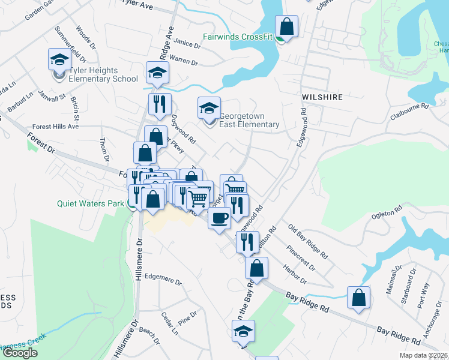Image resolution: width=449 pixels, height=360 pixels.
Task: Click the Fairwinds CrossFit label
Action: click(237, 37)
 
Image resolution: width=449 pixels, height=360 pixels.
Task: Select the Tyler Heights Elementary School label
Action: click(103, 74)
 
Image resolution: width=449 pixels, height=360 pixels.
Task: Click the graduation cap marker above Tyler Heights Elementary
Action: click(59, 59)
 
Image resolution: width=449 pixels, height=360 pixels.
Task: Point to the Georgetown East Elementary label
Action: click(249, 120)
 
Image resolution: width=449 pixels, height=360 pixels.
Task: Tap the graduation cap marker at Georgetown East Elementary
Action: click(209, 109)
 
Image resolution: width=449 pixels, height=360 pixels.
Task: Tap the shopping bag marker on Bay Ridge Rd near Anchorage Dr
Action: click(358, 298)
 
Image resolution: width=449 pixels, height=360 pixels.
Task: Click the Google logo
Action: click(20, 353)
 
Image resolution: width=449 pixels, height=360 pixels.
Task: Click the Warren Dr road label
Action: click(184, 60)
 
